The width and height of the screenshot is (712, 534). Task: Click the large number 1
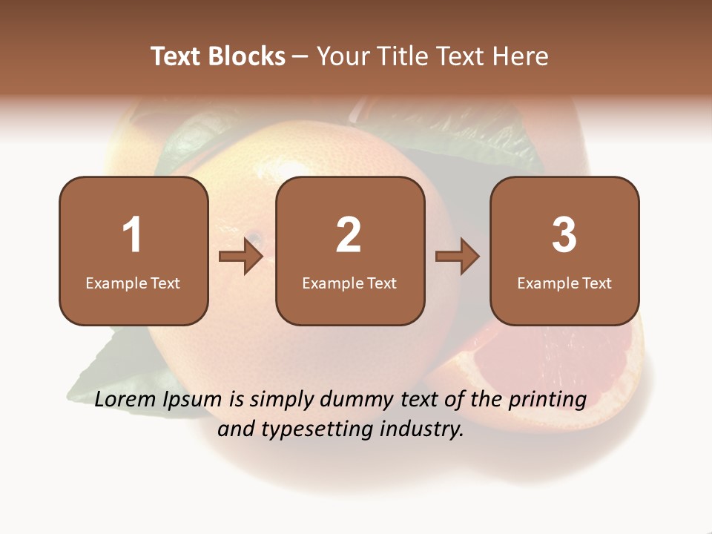132,235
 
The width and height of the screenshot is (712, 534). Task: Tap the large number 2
349,235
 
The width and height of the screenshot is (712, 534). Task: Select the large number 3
564,235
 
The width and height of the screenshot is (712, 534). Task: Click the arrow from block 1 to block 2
242,257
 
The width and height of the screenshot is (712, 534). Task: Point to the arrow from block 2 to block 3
458,257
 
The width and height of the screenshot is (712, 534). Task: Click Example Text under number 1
133,283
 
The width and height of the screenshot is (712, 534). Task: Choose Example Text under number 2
349,283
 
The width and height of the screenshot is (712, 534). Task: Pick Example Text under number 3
564,283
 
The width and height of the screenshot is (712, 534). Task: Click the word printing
547,400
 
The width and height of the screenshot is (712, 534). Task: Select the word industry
421,429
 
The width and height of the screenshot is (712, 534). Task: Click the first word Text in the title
176,56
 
